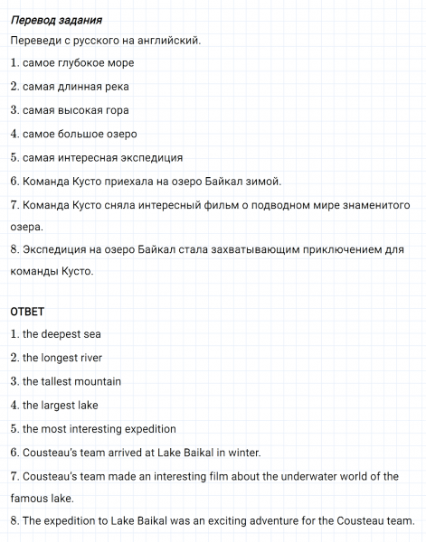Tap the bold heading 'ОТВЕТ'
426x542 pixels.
(x=27, y=312)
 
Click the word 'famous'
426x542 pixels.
(x=30, y=499)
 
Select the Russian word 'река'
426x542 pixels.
(x=114, y=87)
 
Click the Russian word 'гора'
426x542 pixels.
(x=115, y=110)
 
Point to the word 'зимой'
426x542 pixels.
(x=265, y=181)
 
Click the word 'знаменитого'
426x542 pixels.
(x=369, y=204)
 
